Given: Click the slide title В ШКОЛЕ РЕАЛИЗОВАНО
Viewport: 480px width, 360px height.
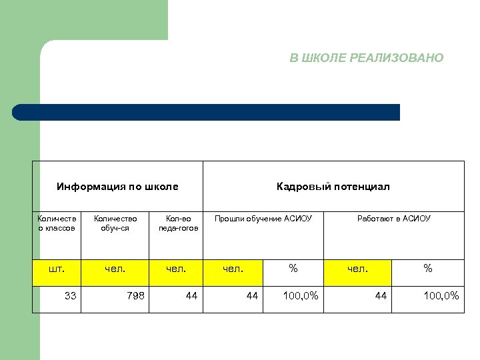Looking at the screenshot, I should point(366,58).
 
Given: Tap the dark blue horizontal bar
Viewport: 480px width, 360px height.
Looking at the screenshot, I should point(207,112).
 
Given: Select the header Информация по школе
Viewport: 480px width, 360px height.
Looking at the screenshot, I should point(117,187).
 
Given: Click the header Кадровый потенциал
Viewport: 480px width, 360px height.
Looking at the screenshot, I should point(333,187).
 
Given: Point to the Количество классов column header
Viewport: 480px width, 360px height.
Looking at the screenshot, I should point(57,223).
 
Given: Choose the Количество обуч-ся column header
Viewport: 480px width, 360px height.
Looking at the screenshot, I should point(115,223).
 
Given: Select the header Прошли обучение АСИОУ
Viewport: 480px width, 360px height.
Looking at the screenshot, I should point(263,219).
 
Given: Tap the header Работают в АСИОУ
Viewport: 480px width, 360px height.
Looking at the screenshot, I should point(394,219).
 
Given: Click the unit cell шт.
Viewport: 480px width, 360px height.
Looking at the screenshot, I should point(57,269).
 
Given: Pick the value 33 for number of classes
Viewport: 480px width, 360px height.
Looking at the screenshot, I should point(70,295).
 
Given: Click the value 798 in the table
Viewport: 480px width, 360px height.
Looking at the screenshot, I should point(135,295).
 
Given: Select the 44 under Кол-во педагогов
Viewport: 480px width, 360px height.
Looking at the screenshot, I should point(191,295).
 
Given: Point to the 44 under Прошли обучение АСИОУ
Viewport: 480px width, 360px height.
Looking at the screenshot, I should point(251,295).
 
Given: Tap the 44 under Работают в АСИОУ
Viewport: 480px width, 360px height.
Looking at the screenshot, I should point(381,295).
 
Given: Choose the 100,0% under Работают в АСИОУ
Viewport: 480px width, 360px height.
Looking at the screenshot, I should point(441,295).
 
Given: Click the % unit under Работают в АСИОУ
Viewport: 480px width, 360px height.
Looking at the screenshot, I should point(428,269).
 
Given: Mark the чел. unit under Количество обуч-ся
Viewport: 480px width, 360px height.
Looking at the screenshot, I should point(115,269).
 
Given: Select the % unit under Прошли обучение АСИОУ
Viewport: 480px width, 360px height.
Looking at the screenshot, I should point(293,269).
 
